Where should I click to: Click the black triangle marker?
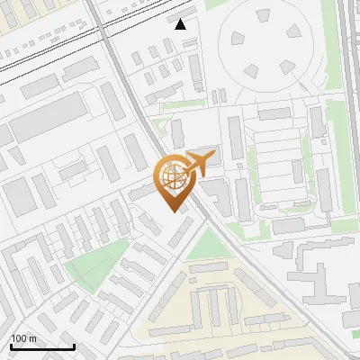(181, 24)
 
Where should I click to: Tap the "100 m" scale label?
(23, 338)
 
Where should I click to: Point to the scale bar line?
(41, 346)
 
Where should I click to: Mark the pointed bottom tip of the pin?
(171, 211)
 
